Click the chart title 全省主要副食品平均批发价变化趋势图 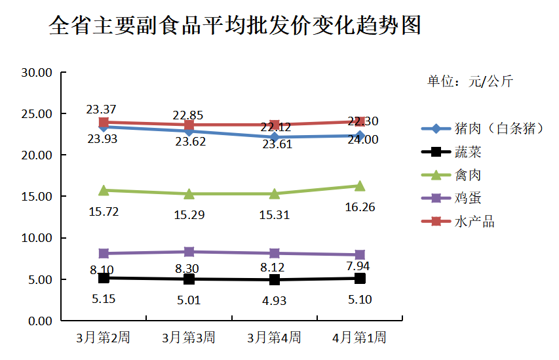coord(235,26)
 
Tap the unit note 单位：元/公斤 coord(470,81)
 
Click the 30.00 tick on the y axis coord(37,72)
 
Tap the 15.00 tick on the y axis coord(37,197)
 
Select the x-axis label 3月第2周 coord(103,338)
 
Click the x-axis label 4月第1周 coord(359,338)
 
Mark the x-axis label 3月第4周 coord(274,338)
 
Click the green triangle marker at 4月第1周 coord(360,186)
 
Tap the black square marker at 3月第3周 coord(189,279)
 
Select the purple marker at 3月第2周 coord(104,253)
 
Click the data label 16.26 coord(359,207)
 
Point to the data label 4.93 coord(274,301)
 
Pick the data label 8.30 coord(189,268)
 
